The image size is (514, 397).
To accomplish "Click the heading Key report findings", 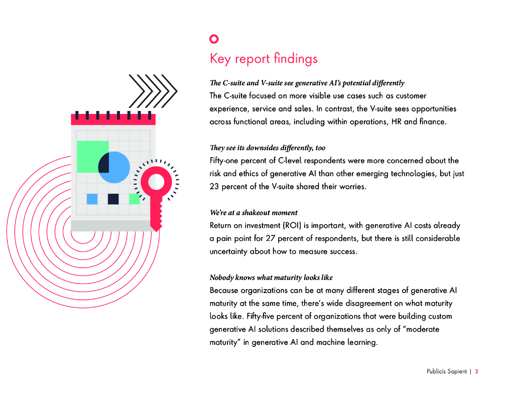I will [264, 59].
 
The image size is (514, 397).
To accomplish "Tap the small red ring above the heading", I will [214, 39].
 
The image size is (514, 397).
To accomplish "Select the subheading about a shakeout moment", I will [253, 213].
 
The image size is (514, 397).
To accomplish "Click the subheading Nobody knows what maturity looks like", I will [271, 278].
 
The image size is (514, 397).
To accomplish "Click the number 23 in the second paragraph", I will [215, 186].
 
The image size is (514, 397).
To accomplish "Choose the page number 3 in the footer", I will [476, 372].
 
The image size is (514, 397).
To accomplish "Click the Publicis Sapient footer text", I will [447, 372].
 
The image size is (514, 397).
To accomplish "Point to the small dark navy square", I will [113, 199].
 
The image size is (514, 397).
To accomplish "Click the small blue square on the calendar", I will [92, 199].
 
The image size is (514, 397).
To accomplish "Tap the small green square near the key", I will [134, 199].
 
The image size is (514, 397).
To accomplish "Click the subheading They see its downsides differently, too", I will [267, 148].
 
